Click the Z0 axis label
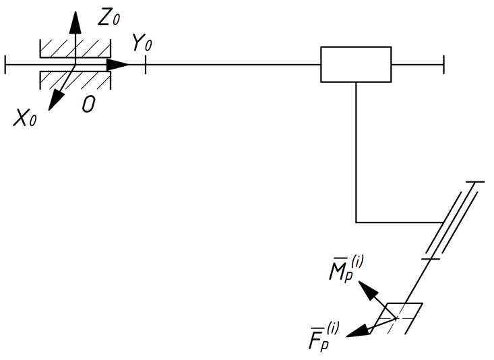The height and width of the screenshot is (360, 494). (109, 18)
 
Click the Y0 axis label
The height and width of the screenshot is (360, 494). (142, 44)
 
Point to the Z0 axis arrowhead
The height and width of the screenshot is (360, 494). (75, 22)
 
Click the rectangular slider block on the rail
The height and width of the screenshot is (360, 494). (356, 65)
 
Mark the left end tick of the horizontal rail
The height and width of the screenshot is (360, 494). (5, 65)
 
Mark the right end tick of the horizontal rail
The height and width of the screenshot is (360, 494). (443, 65)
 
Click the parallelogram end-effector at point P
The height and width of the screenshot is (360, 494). (402, 317)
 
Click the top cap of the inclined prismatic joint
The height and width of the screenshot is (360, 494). (476, 182)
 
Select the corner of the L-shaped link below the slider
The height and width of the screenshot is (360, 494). (356, 222)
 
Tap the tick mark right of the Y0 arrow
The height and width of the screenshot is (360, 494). (145, 65)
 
